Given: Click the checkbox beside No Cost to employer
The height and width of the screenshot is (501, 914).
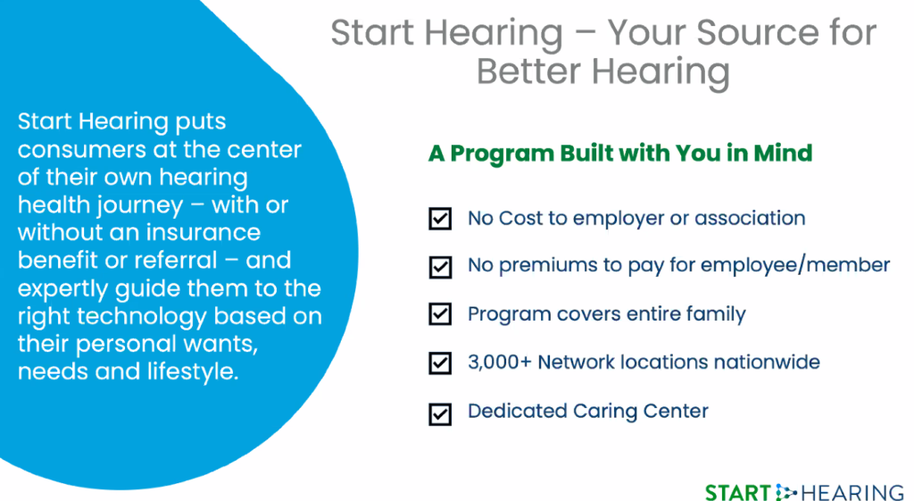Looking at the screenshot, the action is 440,219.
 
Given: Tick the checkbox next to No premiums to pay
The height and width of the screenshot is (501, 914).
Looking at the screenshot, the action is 440,267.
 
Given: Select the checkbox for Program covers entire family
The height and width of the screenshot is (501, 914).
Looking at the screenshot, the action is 440,314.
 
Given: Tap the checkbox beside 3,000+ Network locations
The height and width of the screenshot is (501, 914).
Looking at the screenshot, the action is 440,363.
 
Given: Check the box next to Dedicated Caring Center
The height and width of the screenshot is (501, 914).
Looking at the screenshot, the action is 440,414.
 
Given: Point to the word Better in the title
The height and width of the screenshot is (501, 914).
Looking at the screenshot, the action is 528,71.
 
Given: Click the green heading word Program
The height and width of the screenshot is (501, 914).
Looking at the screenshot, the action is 502,154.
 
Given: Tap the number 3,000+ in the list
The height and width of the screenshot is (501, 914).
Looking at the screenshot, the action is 500,363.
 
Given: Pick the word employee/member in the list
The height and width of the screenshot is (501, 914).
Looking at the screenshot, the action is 795,265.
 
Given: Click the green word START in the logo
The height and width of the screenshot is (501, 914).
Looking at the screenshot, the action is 737,493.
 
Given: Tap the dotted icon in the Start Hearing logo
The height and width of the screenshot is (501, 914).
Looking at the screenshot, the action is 785,493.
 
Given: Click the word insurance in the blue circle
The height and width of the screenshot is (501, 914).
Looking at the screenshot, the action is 204,232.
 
